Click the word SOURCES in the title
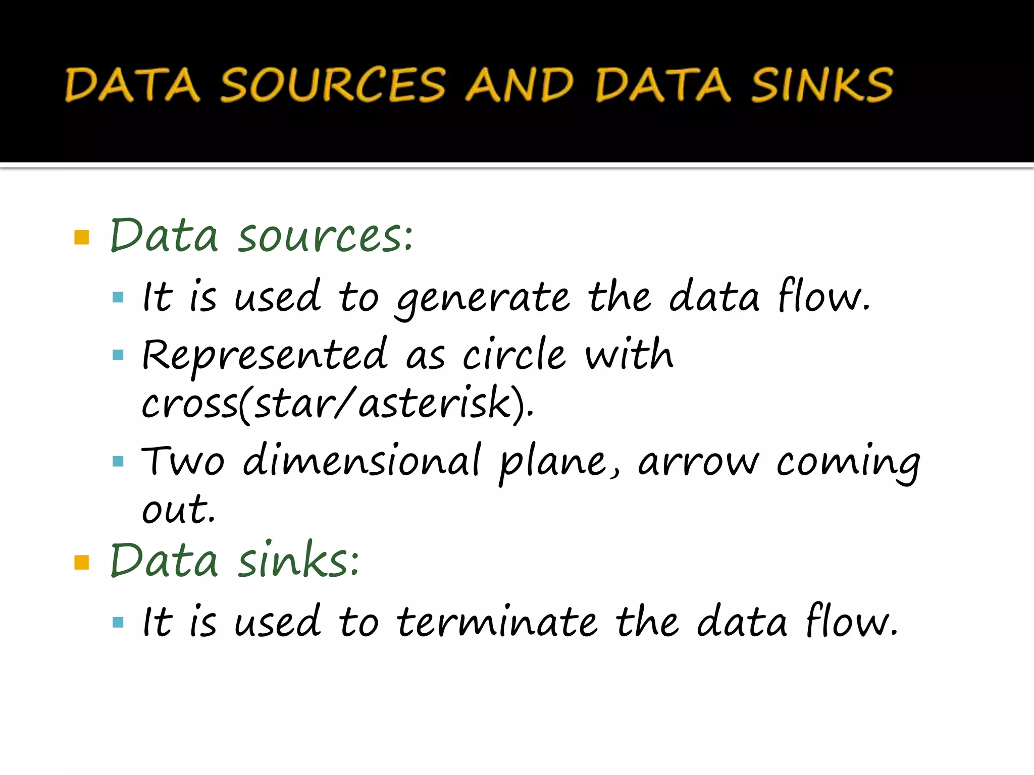333,85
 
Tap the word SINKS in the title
822,85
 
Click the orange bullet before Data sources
81,237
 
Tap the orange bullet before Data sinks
81,562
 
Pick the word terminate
497,623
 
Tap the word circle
514,354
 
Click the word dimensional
361,460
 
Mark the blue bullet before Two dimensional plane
118,461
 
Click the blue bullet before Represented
118,355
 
